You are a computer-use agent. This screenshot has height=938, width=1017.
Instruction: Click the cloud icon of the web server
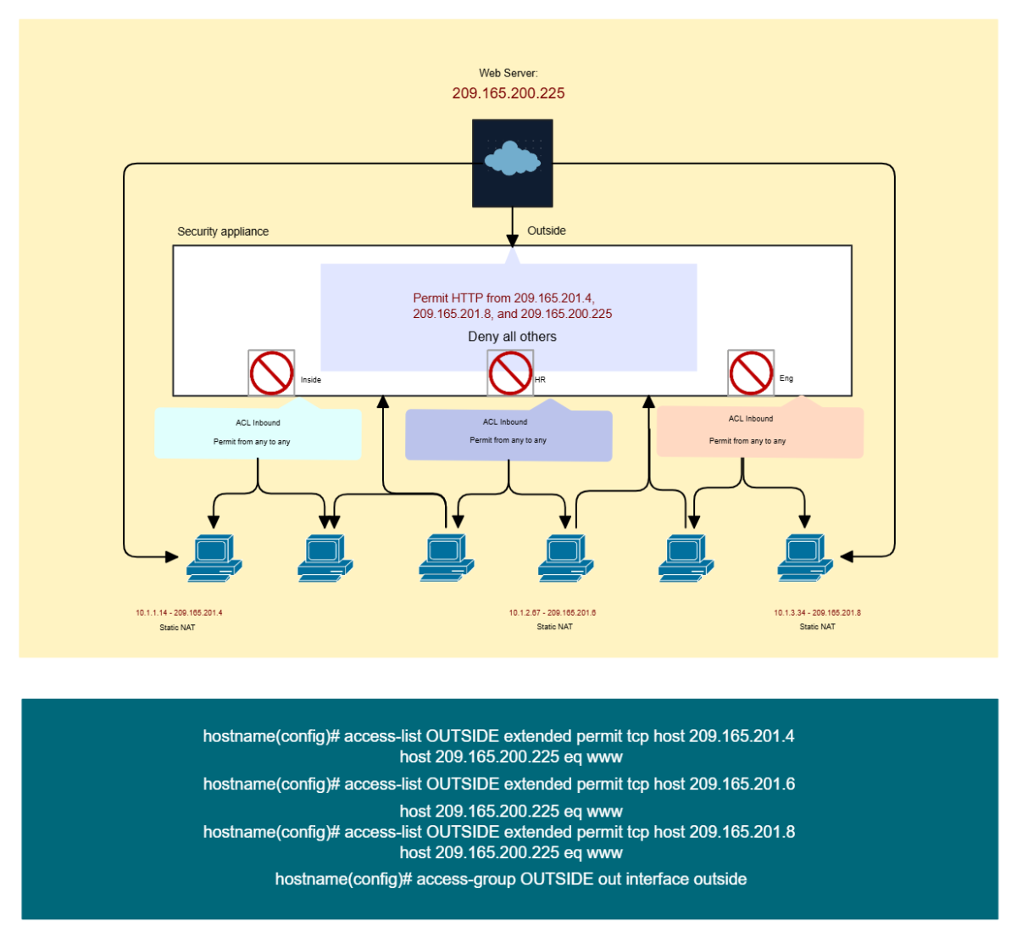tap(512, 159)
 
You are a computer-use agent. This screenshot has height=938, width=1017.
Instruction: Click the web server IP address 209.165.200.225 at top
tap(508, 93)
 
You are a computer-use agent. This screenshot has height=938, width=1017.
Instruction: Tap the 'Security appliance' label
tap(223, 232)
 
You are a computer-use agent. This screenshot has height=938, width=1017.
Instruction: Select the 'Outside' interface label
tap(547, 231)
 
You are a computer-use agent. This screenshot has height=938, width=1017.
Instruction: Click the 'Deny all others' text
tap(512, 337)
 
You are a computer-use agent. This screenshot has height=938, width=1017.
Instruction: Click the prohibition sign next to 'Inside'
tap(271, 372)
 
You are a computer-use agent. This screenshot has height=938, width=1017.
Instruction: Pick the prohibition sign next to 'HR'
tap(510, 372)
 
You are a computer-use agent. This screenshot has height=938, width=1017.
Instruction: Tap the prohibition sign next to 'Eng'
tap(751, 372)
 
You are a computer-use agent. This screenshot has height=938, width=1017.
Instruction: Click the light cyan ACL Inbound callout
tap(258, 433)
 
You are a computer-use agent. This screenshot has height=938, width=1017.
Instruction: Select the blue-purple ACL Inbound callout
tap(508, 434)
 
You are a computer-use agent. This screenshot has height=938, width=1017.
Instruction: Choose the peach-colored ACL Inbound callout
tap(759, 432)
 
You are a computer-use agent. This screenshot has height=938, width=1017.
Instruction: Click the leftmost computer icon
tap(214, 557)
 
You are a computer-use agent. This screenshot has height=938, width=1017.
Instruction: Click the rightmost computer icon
tap(805, 557)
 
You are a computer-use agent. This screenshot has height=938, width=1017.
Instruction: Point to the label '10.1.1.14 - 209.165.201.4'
tap(179, 612)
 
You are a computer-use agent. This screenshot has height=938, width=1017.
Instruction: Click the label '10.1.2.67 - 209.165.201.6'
tap(553, 612)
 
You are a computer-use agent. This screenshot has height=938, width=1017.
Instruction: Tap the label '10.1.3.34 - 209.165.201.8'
tap(817, 612)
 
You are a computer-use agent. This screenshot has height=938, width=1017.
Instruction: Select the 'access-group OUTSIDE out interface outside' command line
tap(511, 879)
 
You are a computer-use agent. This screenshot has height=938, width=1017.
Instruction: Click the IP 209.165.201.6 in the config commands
tap(742, 784)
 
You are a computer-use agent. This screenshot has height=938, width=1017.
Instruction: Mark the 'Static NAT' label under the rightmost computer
tap(817, 627)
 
